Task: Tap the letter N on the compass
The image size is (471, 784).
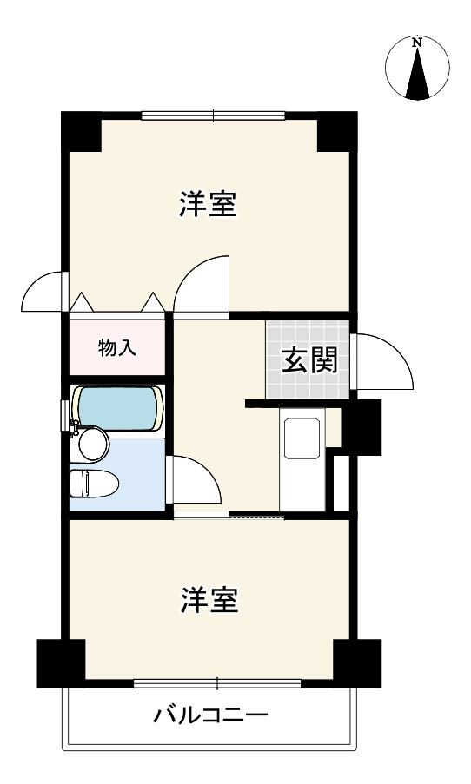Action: (x=418, y=42)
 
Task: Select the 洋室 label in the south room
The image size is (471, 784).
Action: (x=209, y=600)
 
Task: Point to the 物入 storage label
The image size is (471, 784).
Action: (x=116, y=348)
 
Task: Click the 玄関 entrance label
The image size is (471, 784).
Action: (x=308, y=360)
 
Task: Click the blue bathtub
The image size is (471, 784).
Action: (x=118, y=406)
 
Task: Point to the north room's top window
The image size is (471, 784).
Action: (x=214, y=115)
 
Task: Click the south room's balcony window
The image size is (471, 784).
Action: (x=217, y=683)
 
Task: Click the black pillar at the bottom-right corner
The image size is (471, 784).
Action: (x=357, y=662)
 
